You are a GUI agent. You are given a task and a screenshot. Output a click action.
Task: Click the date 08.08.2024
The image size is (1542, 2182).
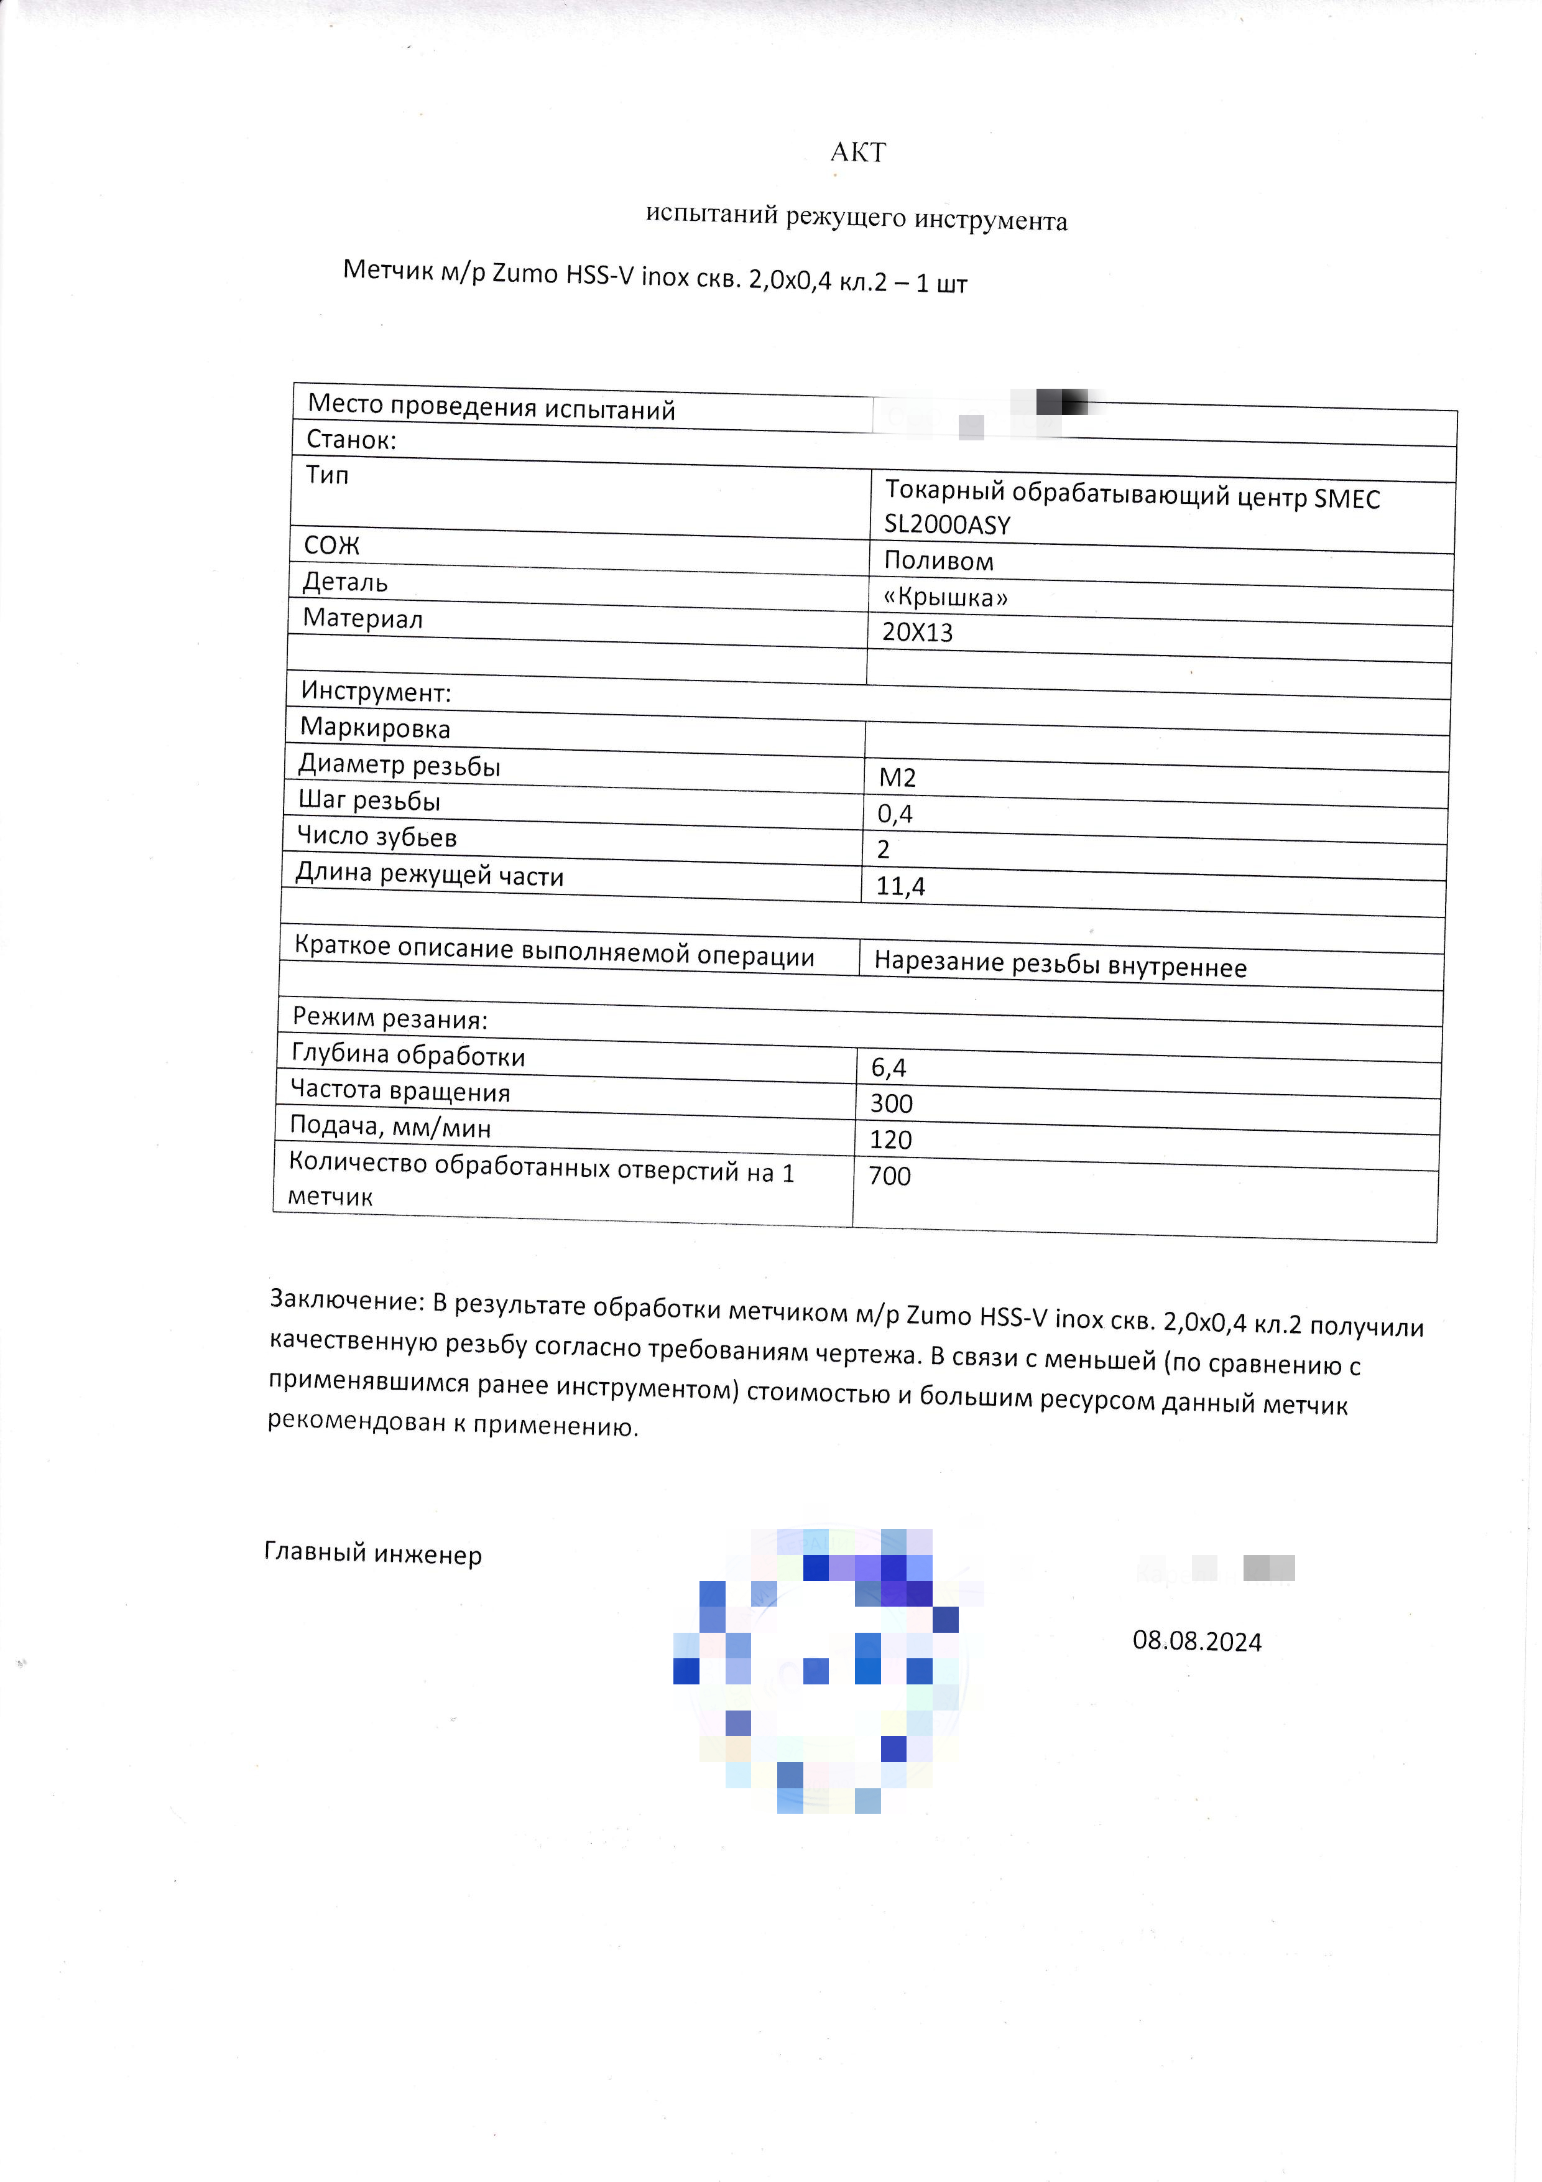tap(1196, 1641)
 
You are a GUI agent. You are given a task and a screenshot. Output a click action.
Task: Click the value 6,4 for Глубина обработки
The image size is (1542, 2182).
tap(889, 1068)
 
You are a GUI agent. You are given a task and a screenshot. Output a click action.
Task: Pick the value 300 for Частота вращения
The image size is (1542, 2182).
tap(891, 1103)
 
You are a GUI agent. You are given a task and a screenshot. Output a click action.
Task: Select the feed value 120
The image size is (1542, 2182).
tap(890, 1140)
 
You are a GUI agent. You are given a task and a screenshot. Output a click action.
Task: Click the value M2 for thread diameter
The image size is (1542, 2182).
tap(897, 778)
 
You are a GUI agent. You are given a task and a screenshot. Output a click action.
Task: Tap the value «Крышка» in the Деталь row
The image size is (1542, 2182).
tap(945, 597)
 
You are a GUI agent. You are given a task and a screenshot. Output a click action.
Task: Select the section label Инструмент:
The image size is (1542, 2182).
tap(376, 692)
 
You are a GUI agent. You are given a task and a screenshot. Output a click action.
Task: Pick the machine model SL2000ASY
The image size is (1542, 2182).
tap(946, 524)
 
